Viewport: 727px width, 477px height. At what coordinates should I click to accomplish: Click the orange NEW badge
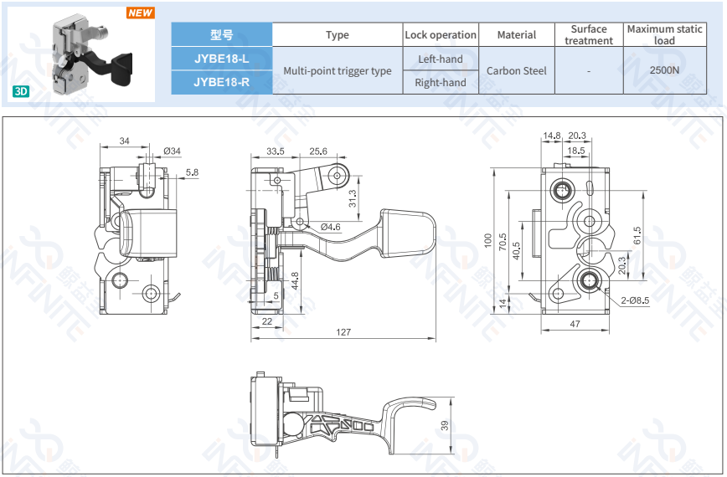click(140, 13)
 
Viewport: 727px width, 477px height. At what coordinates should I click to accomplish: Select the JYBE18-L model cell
click(221, 59)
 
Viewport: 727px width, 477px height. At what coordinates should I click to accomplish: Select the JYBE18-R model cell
click(221, 82)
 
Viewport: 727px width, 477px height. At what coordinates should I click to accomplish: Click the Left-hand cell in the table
click(440, 59)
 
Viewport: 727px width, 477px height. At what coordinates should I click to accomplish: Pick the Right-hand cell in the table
click(440, 83)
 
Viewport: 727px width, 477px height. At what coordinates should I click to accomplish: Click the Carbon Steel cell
click(516, 71)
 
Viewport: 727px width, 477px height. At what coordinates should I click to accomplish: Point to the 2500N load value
click(664, 71)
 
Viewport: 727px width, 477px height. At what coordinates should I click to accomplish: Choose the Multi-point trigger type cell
click(337, 71)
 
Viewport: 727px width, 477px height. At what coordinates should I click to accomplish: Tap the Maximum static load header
click(664, 34)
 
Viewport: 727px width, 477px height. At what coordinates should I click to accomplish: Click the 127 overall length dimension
click(343, 332)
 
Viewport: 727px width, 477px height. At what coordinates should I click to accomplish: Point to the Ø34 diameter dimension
click(172, 151)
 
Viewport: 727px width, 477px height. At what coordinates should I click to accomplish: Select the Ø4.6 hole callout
click(331, 227)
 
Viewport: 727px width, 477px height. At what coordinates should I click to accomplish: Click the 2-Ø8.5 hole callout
click(635, 300)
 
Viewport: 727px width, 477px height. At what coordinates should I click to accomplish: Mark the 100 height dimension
click(488, 239)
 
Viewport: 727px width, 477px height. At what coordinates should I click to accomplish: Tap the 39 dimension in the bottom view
click(445, 425)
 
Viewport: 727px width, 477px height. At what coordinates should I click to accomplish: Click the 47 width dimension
click(575, 322)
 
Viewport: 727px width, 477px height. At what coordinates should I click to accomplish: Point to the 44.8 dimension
click(295, 280)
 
